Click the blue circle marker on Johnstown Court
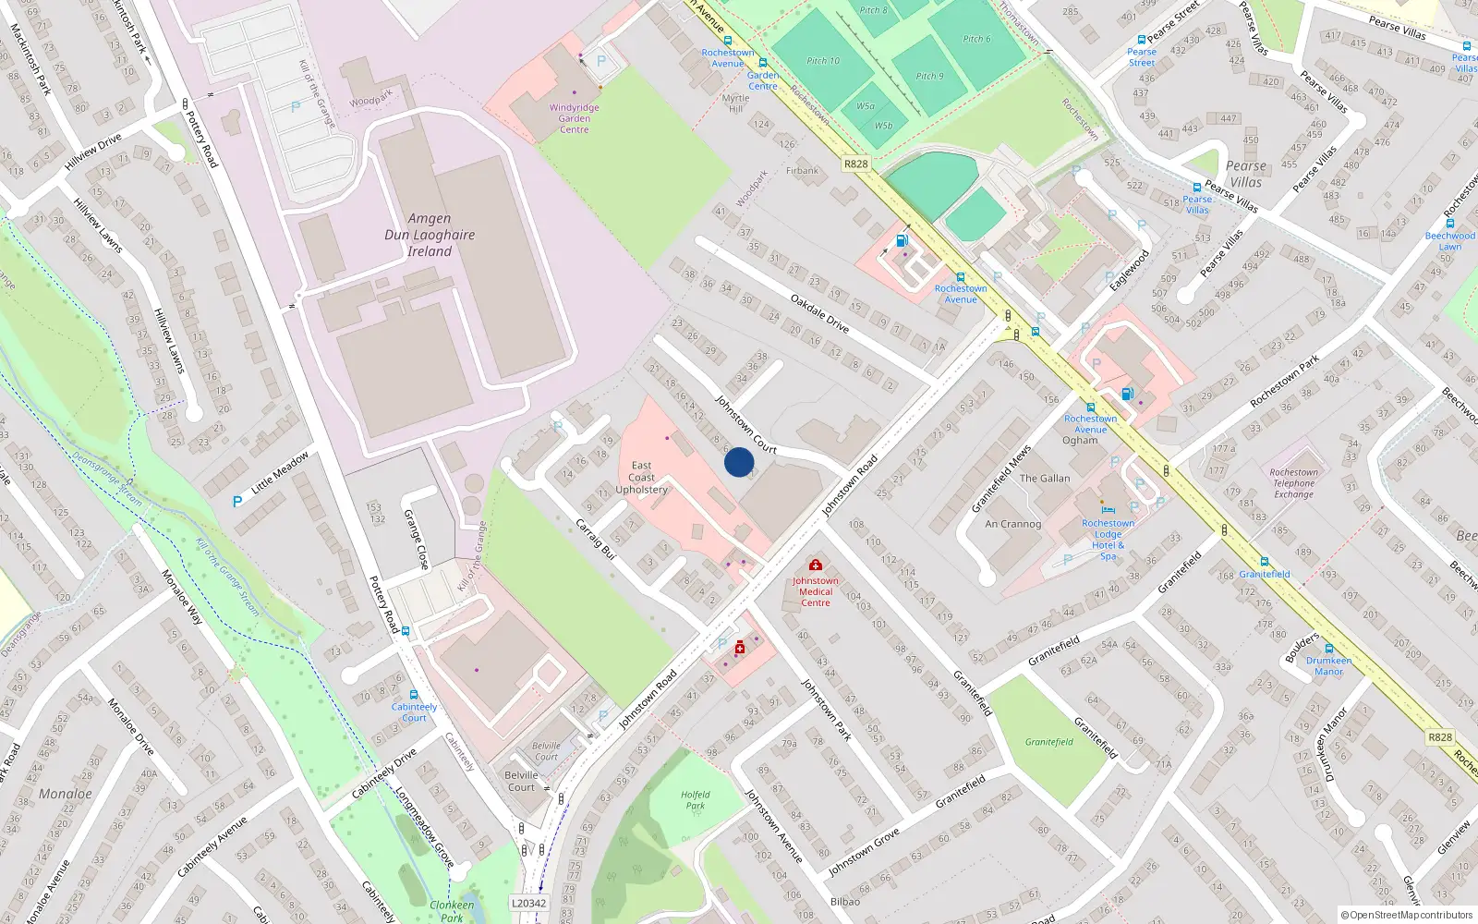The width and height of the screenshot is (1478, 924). tap(739, 462)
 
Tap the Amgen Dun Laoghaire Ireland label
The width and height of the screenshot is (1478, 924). tap(430, 235)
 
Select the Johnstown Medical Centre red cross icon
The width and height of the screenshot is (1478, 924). tap(815, 565)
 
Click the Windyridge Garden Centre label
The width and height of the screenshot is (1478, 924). tap(574, 118)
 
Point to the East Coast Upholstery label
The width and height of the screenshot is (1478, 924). tap(642, 478)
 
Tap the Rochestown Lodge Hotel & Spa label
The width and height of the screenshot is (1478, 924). tap(1108, 540)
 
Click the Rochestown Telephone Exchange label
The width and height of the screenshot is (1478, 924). tap(1293, 483)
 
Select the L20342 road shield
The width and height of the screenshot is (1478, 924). tap(528, 904)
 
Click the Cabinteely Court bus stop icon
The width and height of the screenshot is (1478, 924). tap(413, 695)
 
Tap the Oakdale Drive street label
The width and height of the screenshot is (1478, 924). tap(819, 313)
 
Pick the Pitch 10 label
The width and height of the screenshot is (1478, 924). tap(823, 61)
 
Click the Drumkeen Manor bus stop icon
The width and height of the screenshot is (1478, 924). tap(1328, 649)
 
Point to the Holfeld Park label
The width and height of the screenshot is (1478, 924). tap(696, 800)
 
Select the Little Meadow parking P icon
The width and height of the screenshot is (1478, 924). tap(237, 502)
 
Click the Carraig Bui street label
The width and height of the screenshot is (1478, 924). tap(596, 540)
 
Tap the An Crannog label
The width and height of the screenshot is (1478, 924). tap(1012, 524)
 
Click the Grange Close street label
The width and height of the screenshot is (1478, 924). tap(417, 540)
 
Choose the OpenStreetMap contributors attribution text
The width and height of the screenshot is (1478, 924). tap(1407, 916)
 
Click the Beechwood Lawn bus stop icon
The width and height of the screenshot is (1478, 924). tap(1449, 224)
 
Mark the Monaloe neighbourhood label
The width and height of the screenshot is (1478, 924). tap(66, 794)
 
